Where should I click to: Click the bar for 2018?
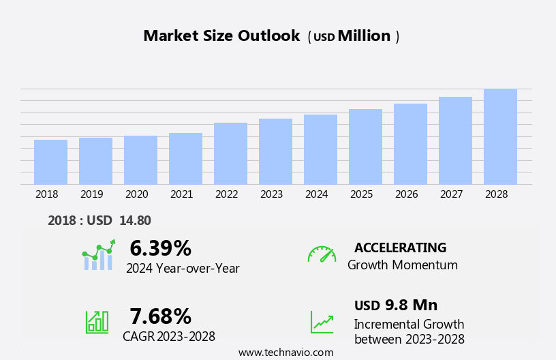[50, 162]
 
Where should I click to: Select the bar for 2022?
[230, 153]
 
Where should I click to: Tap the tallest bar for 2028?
[500, 136]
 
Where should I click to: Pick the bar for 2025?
[365, 147]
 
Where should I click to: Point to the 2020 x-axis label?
[136, 194]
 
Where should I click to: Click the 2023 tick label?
[271, 194]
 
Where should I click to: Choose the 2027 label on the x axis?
[451, 194]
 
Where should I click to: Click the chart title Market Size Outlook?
[221, 36]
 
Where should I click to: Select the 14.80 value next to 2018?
[135, 220]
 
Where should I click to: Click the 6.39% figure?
[160, 248]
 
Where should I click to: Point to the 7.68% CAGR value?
[160, 316]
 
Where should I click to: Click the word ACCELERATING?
[400, 247]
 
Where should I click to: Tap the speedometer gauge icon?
[322, 254]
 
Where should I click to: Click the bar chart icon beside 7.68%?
[97, 321]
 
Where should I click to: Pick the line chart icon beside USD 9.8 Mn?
[322, 321]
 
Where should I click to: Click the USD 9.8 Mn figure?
[396, 305]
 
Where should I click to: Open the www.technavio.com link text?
[285, 352]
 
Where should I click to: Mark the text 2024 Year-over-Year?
[183, 269]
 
